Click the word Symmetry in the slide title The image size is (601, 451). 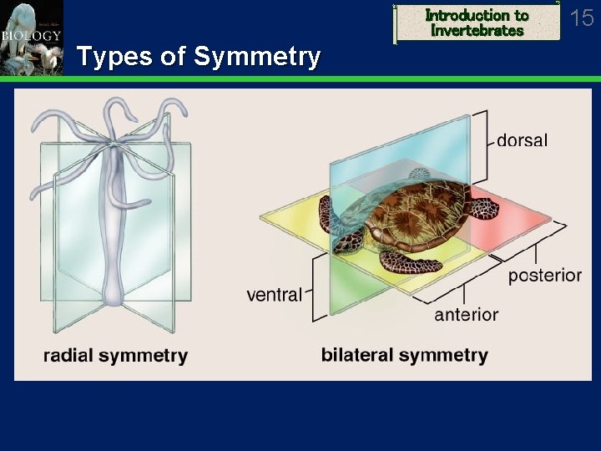coord(256,57)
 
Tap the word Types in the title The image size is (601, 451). coord(112,57)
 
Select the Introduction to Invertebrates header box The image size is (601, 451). coord(477,23)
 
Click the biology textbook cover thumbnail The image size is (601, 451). coord(32,38)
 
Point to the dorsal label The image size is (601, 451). coord(522,140)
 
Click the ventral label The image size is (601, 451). coord(274,294)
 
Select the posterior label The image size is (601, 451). coord(544,276)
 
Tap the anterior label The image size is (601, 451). coord(466,315)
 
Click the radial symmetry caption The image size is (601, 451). coord(115,356)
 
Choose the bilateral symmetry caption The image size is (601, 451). coord(404,355)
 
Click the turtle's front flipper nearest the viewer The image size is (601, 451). coord(411,261)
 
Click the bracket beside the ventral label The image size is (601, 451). coord(316,289)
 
